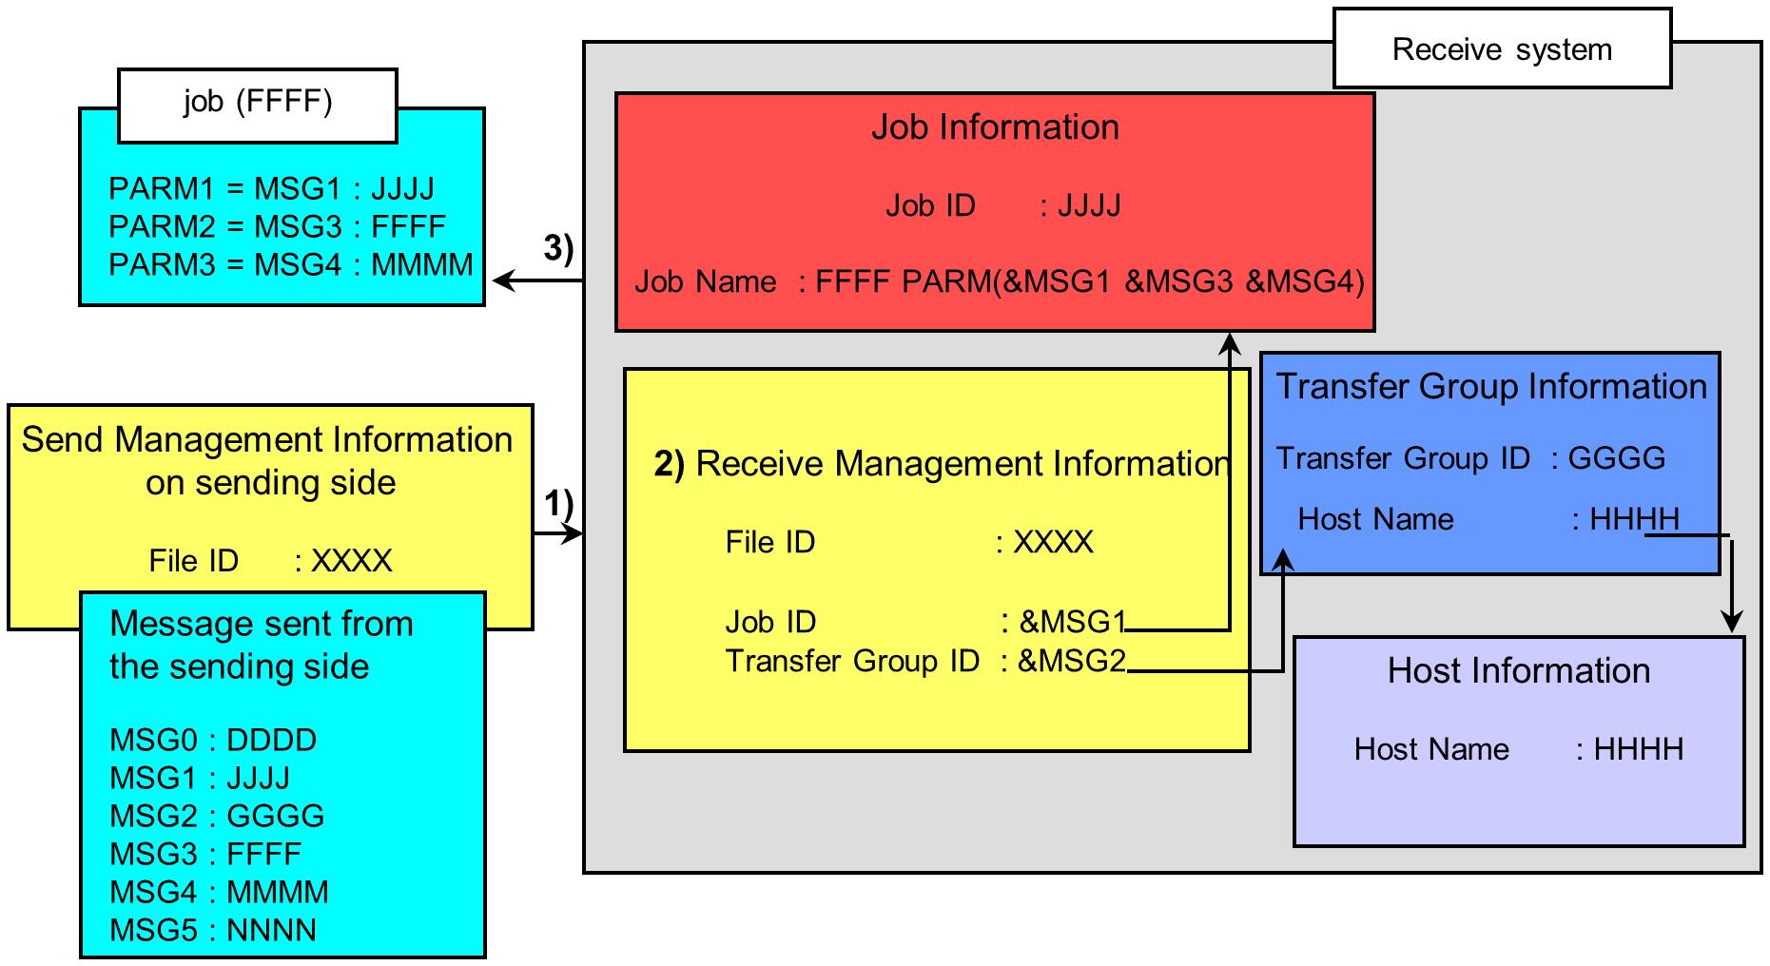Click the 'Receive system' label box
pos(1501,49)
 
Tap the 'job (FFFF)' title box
pos(257,103)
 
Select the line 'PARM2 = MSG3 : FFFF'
pos(277,227)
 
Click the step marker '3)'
pos(558,248)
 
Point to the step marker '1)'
pos(558,504)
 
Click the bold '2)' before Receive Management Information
pos(669,464)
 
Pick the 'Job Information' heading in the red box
pos(995,127)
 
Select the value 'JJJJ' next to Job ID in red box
pos(1089,205)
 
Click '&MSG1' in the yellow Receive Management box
pos(1072,622)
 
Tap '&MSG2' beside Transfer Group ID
pos(1071,661)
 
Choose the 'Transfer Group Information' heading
pos(1490,387)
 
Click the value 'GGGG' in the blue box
pos(1616,458)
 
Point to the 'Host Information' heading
pos(1518,671)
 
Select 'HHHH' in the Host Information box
pos(1638,749)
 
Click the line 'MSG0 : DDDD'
pos(213,740)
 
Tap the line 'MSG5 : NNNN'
pos(213,930)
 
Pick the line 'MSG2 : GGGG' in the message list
pos(217,816)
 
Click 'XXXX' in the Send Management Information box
pos(352,561)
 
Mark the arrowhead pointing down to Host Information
pos(1732,623)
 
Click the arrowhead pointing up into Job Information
pos(1230,342)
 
